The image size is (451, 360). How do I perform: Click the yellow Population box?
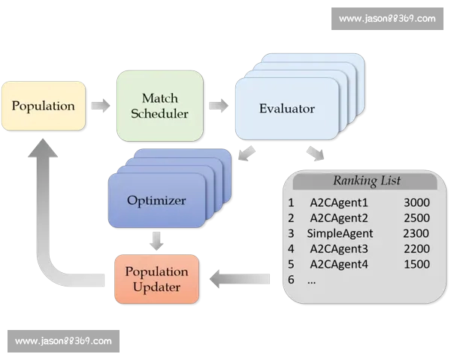(44, 106)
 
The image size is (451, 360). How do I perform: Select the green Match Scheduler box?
(160, 106)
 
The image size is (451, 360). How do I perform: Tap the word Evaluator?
(286, 109)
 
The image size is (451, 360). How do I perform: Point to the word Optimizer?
(156, 200)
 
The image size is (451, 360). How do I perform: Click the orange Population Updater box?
(156, 279)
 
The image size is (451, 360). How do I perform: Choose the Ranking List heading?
(367, 181)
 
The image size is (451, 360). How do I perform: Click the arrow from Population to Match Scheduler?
(99, 106)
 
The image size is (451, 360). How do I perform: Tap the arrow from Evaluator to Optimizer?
(244, 154)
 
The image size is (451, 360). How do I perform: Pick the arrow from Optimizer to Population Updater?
(156, 241)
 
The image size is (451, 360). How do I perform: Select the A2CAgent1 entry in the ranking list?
(339, 202)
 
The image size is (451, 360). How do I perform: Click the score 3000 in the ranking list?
(416, 202)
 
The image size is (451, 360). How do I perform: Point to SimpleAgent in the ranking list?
(340, 233)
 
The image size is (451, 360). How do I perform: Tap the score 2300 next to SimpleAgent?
(416, 233)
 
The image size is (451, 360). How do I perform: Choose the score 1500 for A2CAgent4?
(416, 264)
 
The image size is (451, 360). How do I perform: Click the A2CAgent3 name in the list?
(339, 249)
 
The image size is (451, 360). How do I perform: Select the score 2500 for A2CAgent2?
(416, 218)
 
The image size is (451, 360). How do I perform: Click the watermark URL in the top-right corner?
(387, 19)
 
